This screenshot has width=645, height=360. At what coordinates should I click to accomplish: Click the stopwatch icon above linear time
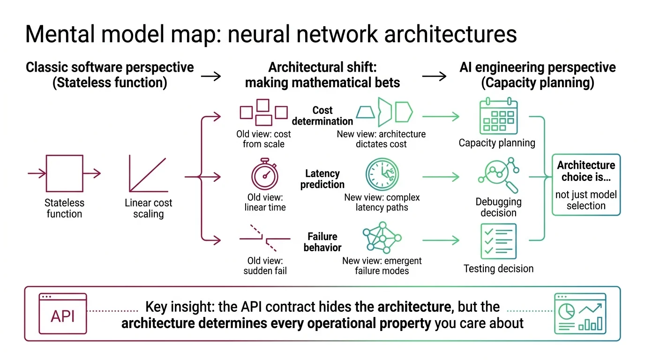[x=265, y=174]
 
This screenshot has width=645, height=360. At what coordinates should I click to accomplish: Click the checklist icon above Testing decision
[x=498, y=241]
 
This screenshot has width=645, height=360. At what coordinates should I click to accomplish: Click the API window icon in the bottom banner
[x=62, y=313]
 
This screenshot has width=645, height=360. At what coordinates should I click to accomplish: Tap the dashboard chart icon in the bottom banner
[x=580, y=313]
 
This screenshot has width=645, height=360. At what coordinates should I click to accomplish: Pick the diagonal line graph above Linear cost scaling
[x=148, y=175]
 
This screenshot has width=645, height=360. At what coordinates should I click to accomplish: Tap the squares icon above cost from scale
[x=263, y=112]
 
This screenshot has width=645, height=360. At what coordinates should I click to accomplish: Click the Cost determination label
[x=322, y=115]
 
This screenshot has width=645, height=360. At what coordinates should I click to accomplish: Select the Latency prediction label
[x=322, y=179]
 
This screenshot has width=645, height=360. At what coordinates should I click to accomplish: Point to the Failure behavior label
[x=322, y=242]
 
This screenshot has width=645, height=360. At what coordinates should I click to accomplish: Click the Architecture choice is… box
[x=586, y=185]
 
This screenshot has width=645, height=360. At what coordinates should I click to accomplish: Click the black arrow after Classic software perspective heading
[x=210, y=75]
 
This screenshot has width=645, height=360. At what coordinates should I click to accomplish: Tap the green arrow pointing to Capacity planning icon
[x=440, y=116]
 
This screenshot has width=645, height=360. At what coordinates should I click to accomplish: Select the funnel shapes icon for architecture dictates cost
[x=384, y=112]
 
